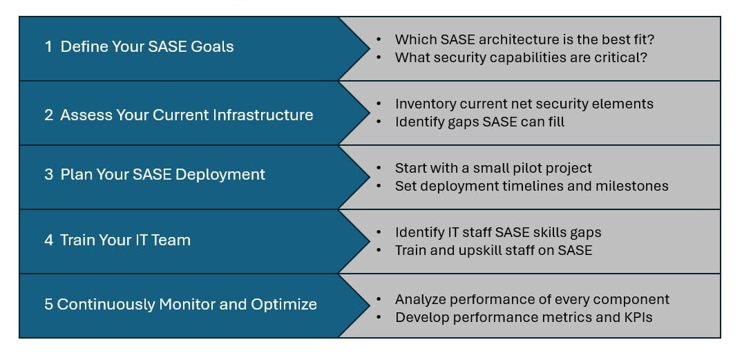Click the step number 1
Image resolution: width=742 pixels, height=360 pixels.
point(48,47)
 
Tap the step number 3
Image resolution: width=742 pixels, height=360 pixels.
point(48,175)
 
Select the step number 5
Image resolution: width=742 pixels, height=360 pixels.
point(48,304)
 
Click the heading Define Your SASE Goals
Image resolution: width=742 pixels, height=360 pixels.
point(147,47)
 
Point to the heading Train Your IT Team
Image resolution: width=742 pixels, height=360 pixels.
point(125,240)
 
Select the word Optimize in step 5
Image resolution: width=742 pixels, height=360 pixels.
point(285,304)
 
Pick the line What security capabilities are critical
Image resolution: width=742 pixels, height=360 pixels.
point(521,57)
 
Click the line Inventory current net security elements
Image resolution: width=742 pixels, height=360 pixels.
point(524,104)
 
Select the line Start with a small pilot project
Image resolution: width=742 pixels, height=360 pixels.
point(493,168)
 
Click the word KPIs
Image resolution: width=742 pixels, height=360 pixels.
point(636,317)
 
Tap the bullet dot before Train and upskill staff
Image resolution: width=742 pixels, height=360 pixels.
point(379,250)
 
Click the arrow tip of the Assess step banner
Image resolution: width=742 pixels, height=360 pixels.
point(369,113)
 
